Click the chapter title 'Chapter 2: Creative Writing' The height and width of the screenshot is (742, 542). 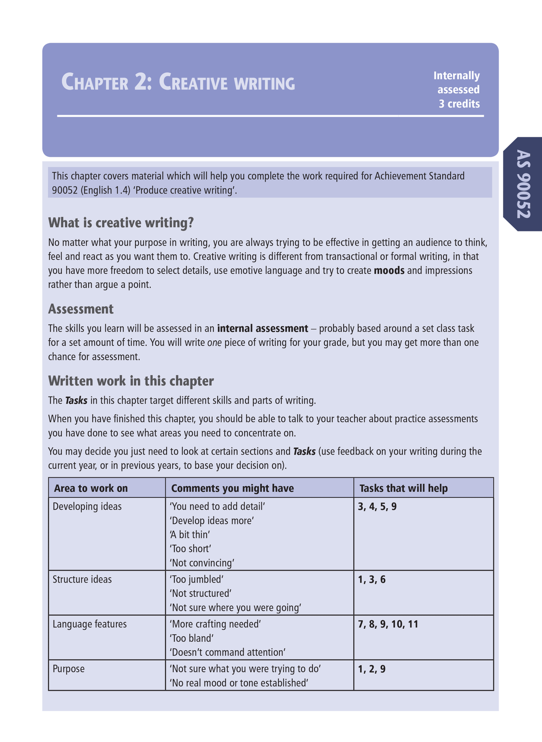click(178, 83)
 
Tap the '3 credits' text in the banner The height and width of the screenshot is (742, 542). click(459, 104)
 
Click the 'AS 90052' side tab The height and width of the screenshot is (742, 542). click(523, 184)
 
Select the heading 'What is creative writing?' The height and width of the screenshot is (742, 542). click(121, 223)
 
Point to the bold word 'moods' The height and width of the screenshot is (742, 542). click(389, 270)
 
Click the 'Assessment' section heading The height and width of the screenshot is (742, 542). click(81, 309)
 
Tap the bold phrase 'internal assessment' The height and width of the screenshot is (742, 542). click(263, 329)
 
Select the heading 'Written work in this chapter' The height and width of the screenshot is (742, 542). click(131, 381)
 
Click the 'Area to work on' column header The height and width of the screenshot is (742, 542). click(91, 488)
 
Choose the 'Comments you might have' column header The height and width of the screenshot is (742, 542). click(233, 488)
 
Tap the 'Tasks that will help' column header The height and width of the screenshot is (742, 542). click(404, 488)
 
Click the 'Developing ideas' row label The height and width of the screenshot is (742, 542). click(87, 506)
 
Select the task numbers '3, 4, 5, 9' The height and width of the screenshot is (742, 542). click(377, 506)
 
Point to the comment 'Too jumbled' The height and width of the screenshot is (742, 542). click(197, 579)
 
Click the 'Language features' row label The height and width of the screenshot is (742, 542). click(90, 624)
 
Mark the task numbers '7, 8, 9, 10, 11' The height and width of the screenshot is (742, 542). click(388, 624)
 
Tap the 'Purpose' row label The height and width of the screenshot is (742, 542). click(69, 668)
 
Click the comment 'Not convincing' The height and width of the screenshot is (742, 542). click(202, 563)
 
